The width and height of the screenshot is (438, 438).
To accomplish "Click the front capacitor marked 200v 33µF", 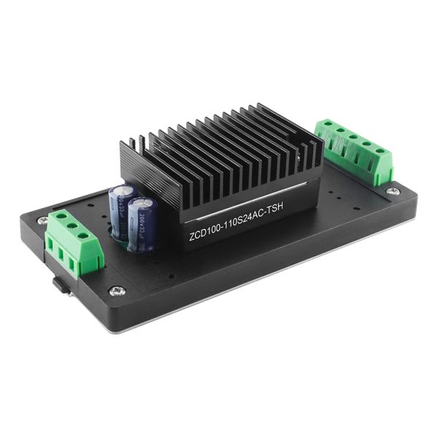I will click(x=141, y=223).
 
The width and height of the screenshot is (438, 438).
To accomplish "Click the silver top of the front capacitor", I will click(x=142, y=200).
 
